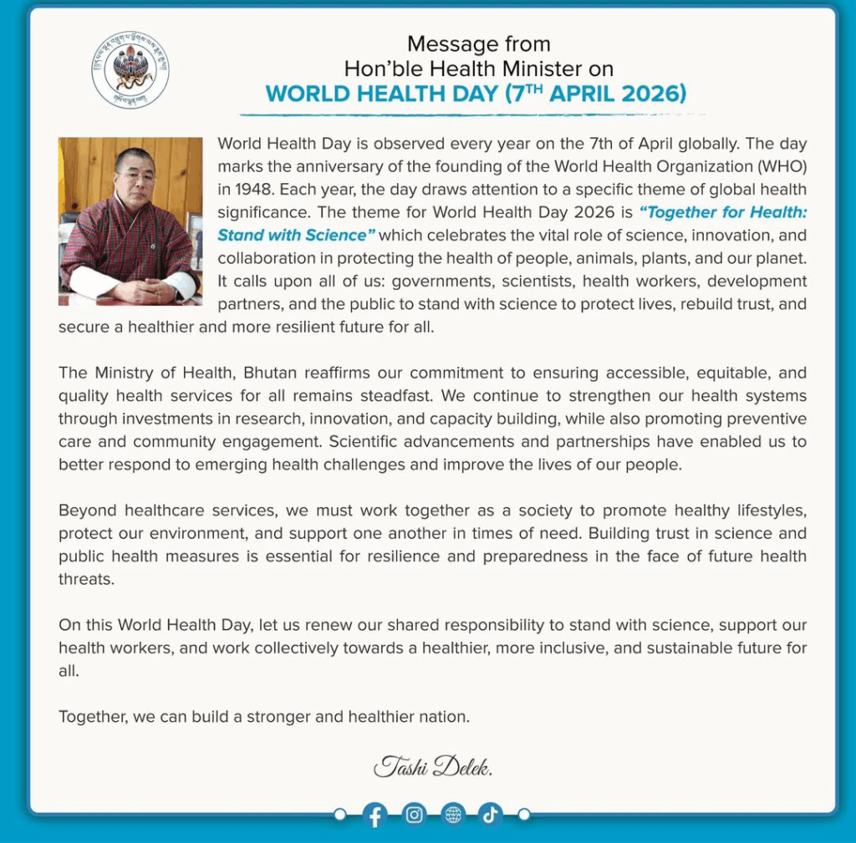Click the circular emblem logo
point(130,70)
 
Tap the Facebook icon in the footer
point(374,815)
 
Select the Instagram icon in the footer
point(414,815)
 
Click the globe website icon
point(453,815)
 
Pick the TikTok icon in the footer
point(491,815)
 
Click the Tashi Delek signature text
point(438,766)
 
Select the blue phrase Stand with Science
point(292,235)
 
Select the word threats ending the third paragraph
point(84,579)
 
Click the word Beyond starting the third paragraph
point(87,510)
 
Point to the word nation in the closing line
point(445,716)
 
